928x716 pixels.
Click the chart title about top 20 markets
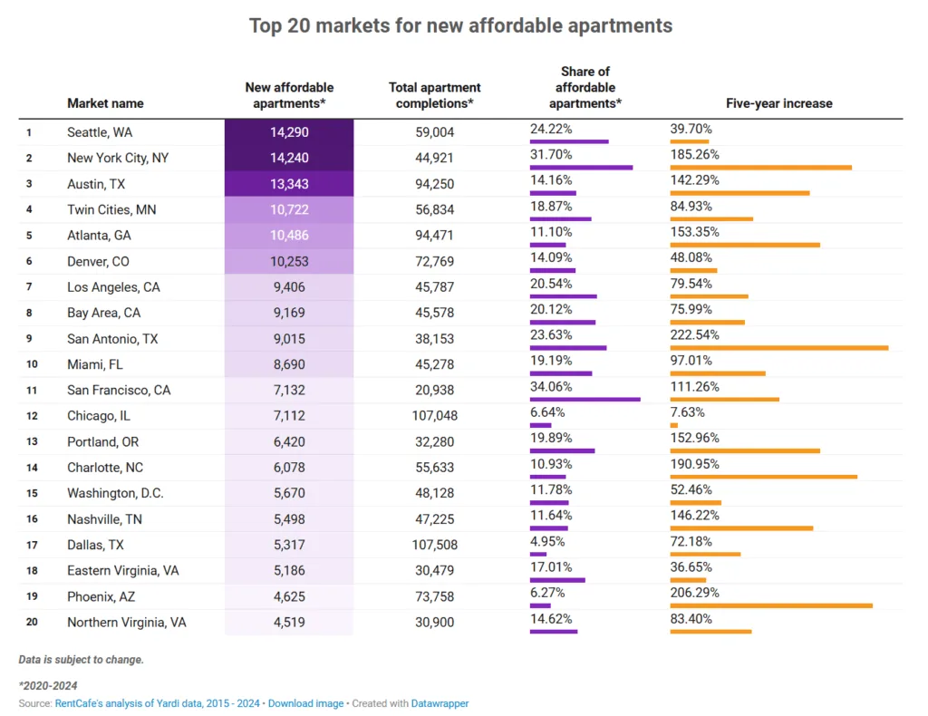coord(461,25)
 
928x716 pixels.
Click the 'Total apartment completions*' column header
coord(434,95)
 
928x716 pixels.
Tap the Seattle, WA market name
coord(100,132)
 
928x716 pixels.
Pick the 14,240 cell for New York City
coord(289,158)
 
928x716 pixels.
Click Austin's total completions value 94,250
coord(434,184)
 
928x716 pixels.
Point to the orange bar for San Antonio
coord(778,347)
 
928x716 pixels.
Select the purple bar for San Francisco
coord(585,399)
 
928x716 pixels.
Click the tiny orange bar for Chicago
coord(673,425)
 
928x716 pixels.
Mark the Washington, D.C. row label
coord(115,494)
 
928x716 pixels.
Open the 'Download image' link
coord(305,703)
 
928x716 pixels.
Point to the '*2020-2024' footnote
coord(48,685)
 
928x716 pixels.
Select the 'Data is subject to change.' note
coord(81,659)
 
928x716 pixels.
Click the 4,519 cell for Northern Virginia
coord(289,623)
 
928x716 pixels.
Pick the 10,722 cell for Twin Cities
coord(289,209)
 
